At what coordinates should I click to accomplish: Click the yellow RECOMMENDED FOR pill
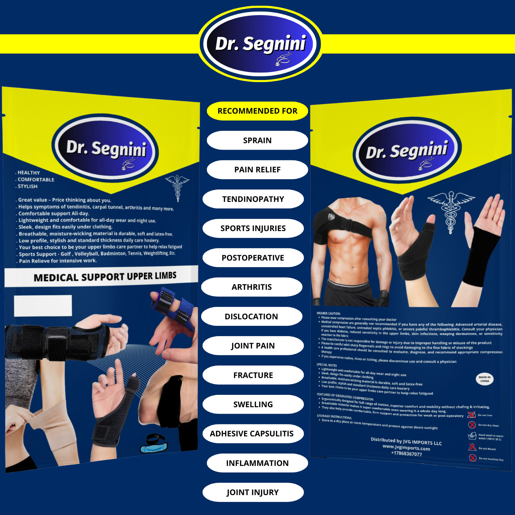tap(257, 111)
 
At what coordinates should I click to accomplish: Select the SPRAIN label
tap(257, 140)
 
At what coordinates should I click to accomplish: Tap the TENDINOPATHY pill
tap(253, 199)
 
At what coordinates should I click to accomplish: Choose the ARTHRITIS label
tap(252, 287)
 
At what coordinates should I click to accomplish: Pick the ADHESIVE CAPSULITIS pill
tap(252, 434)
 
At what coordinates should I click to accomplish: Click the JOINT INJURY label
tap(253, 492)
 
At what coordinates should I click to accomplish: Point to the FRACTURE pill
tap(253, 375)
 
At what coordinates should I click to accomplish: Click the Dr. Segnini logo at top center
tap(261, 44)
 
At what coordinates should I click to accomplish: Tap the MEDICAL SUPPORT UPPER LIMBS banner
tap(105, 277)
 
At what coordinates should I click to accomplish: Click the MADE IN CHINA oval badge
tap(484, 379)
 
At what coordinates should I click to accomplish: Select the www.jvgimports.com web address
tap(406, 447)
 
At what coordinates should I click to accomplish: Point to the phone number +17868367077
tap(406, 454)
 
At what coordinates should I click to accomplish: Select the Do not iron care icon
tap(472, 415)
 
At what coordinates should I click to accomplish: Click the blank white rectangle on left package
tap(43, 306)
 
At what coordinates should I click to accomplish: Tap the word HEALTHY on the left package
tap(28, 173)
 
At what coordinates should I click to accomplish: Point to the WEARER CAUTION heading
tap(328, 313)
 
